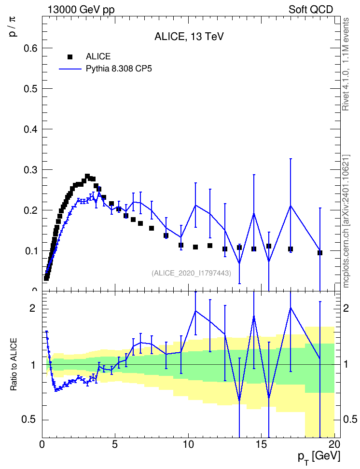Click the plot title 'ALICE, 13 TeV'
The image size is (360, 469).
(x=189, y=37)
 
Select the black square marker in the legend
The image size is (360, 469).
(x=70, y=57)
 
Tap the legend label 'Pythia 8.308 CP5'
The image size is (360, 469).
(x=119, y=69)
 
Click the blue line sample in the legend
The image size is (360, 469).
(x=70, y=69)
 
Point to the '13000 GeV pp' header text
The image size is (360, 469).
(x=81, y=10)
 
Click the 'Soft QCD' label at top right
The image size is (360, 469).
(x=311, y=10)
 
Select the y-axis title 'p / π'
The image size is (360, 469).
(x=13, y=27)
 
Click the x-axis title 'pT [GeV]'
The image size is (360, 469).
(x=319, y=457)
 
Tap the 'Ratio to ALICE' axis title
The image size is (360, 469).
(x=14, y=365)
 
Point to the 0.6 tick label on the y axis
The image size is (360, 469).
(x=30, y=48)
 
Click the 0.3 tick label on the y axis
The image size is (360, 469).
(x=30, y=170)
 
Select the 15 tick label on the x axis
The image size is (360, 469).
(x=262, y=444)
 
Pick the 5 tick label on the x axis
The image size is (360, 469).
(x=115, y=444)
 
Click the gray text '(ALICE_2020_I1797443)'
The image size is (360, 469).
(x=192, y=273)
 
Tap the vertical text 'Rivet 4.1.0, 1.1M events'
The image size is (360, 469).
(x=346, y=64)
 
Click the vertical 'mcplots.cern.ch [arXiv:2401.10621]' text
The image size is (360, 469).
(x=346, y=221)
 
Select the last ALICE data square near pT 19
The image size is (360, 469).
(x=320, y=253)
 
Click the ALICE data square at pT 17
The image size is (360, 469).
(x=291, y=249)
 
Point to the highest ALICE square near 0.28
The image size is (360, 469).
(x=87, y=176)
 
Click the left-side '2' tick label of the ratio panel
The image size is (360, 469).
(x=32, y=308)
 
